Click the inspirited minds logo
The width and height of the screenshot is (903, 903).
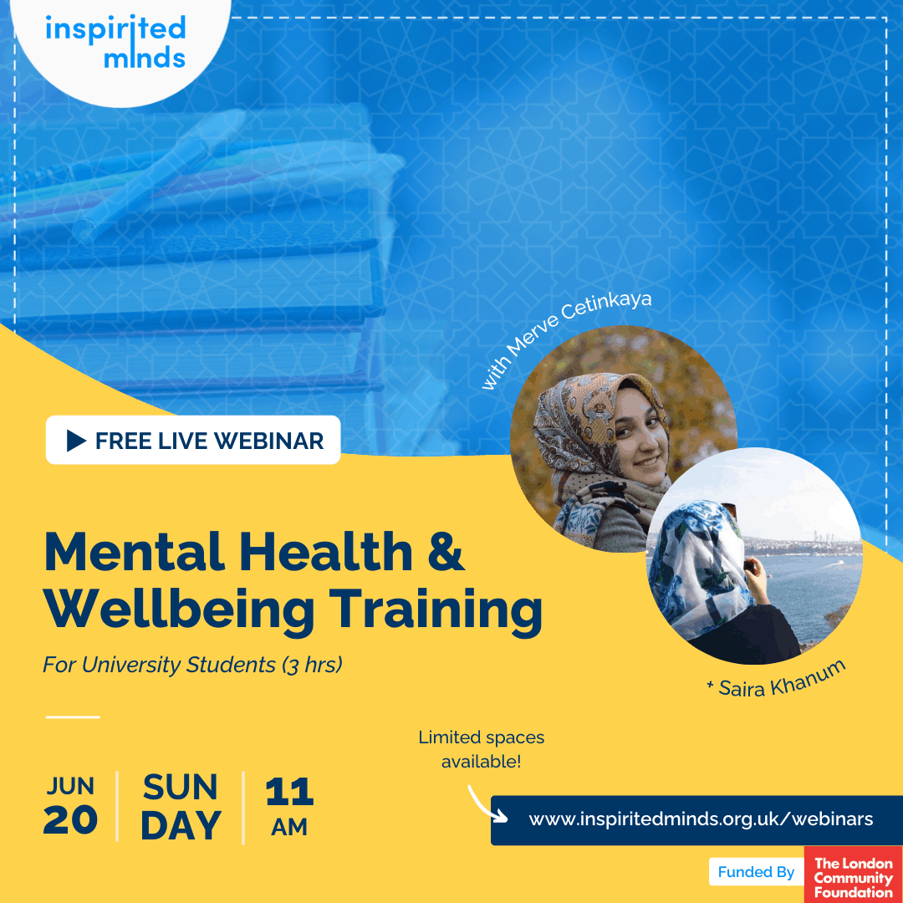pos(115,42)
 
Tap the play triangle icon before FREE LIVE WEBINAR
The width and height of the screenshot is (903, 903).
pos(75,441)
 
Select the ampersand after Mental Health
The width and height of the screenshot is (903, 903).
pos(446,551)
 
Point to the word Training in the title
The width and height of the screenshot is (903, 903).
pos(436,610)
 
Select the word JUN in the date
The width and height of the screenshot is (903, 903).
pos(70,786)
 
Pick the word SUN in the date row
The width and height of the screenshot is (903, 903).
pos(181,787)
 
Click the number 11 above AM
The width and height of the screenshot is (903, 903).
pos(289,792)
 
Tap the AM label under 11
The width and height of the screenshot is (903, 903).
pos(289,827)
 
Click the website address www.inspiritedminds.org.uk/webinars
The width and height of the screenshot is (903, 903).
pos(701,819)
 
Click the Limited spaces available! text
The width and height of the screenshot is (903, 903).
pos(482,749)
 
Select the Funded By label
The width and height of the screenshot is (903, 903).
pos(756,872)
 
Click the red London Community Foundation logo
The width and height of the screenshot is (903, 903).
pos(854,875)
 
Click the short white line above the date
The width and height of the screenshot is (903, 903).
pos(73,717)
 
